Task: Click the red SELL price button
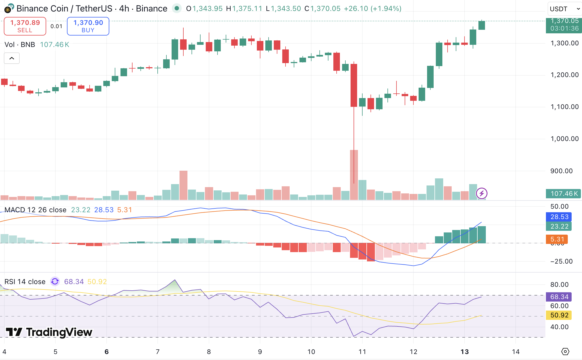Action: click(x=25, y=26)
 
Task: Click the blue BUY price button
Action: click(x=88, y=26)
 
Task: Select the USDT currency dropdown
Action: click(x=565, y=9)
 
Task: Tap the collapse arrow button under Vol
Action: click(x=12, y=58)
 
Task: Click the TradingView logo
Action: click(x=49, y=332)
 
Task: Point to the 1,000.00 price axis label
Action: click(x=565, y=139)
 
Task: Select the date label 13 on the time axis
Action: click(x=465, y=352)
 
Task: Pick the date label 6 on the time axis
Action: click(x=107, y=352)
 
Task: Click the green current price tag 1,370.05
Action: click(x=564, y=25)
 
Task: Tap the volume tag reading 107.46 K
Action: click(x=564, y=194)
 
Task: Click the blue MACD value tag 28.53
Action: click(x=559, y=217)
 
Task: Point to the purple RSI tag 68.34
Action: click(x=559, y=297)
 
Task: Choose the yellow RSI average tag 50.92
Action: click(x=559, y=315)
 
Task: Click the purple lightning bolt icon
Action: click(x=481, y=194)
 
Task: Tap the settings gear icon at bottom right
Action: click(x=565, y=352)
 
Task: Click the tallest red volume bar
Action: click(x=354, y=175)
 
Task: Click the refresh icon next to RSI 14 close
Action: click(x=55, y=282)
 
